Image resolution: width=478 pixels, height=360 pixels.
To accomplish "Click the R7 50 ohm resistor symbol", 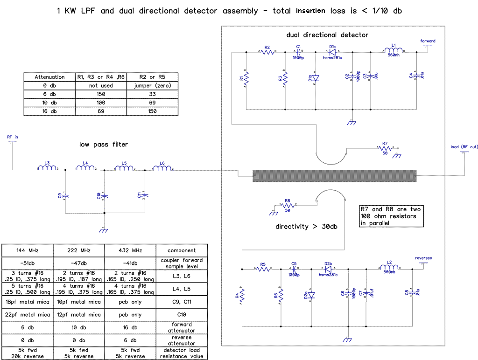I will tap(385, 149).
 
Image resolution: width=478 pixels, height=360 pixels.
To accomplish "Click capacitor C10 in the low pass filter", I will tap(105, 195).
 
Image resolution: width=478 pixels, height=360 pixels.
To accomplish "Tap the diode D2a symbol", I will tap(311, 295).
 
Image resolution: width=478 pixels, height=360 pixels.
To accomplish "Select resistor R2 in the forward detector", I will tap(267, 52).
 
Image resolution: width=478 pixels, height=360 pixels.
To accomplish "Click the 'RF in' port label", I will tap(13, 137).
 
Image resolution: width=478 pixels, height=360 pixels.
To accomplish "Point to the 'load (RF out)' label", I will tap(464, 147).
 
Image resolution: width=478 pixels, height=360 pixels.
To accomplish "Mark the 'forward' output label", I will tap(428, 41).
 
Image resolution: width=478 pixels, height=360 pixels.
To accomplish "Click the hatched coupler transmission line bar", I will tap(334, 176).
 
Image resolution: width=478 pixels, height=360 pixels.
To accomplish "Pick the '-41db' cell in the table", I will tap(130, 263).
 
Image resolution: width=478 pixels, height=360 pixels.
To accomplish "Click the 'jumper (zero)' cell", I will tap(152, 86).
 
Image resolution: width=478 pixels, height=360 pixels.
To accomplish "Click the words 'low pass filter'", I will tap(104, 145).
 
